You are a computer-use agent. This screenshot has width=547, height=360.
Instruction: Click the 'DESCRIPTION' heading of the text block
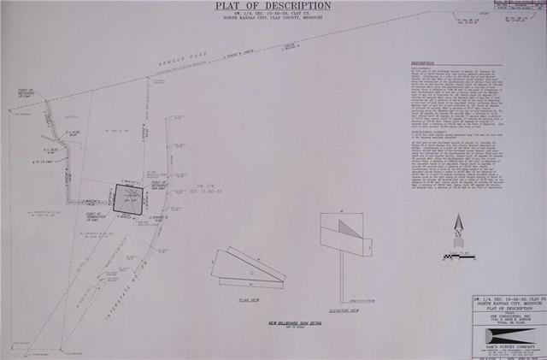click(x=425, y=64)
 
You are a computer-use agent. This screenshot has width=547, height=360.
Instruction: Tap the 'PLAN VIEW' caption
click(x=249, y=300)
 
